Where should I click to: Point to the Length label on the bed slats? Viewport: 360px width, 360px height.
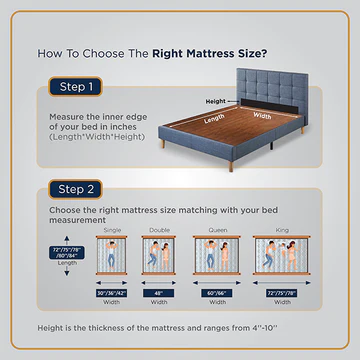216,119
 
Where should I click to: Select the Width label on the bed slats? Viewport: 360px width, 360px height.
260,113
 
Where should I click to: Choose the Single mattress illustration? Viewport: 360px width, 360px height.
110,258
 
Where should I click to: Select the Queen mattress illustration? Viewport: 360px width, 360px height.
215,258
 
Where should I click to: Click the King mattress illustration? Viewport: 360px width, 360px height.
284,258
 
